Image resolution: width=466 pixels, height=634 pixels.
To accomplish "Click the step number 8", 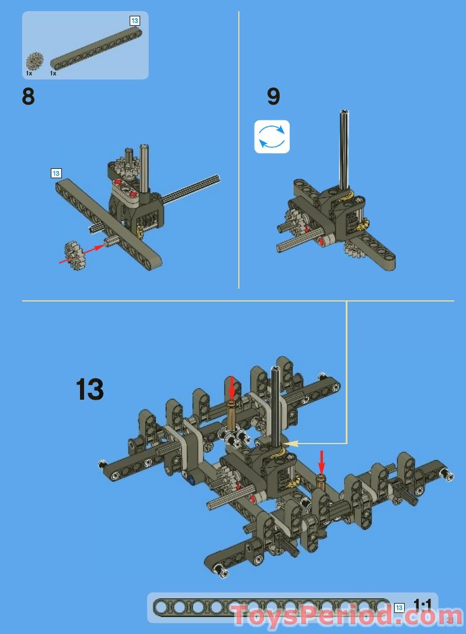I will [28, 96].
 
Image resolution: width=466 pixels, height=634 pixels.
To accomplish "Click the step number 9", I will [273, 96].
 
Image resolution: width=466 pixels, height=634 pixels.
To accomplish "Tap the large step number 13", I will [90, 390].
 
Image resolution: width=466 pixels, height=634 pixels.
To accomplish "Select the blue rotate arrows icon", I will [272, 137].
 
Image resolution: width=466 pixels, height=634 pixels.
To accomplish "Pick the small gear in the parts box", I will [34, 61].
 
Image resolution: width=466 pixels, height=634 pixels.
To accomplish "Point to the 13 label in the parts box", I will [135, 20].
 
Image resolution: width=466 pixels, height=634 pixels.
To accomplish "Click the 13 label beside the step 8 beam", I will [56, 173].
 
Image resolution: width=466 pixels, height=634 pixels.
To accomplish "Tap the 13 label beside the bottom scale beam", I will [399, 608].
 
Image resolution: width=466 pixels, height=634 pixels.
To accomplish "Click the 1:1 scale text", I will [422, 604].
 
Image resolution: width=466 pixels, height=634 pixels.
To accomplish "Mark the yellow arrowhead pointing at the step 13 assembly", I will [286, 444].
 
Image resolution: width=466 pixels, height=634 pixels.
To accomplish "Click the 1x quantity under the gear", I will [29, 74].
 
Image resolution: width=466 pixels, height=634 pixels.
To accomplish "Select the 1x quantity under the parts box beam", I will [53, 74].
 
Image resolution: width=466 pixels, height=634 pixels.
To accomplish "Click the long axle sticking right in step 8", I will [193, 190].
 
